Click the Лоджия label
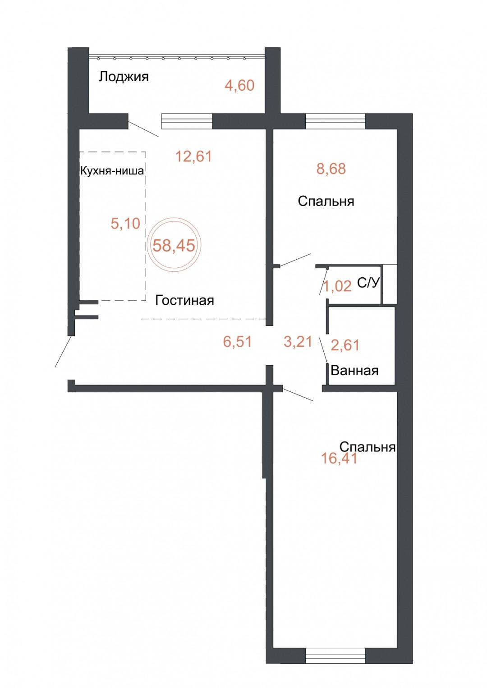pos(124,77)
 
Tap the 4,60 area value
pos(239,85)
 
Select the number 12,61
pos(194,156)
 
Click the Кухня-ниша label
pos(112,170)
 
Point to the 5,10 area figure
pos(125,223)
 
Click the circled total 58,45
pos(174,245)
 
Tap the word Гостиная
pos(184,300)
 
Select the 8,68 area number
pos(331,169)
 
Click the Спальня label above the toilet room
pos(326,202)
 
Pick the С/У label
pos(368,283)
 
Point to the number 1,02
pos(338,286)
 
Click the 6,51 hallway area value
pos(238,342)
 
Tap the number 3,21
pos(298,342)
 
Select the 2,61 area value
pos(345,345)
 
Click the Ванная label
pos(354,371)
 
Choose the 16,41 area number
pos(339,458)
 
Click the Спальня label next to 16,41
pos(368,447)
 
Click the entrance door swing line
pos(64,351)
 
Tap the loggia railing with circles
pos(177,58)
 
